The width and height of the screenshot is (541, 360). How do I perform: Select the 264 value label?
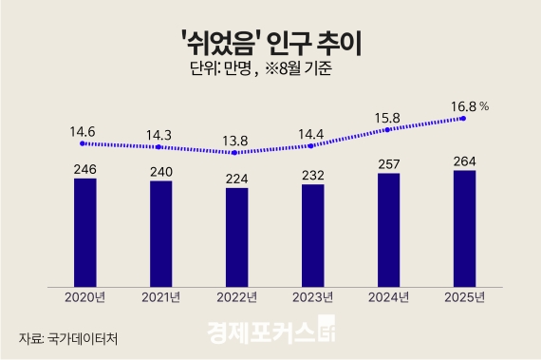464,160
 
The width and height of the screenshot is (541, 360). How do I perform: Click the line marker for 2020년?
84,143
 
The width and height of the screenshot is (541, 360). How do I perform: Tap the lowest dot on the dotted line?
235,152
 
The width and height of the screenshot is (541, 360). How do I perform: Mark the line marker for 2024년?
388,131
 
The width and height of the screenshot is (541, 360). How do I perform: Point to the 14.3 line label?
159,126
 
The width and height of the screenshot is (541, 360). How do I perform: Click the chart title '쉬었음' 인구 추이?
270,41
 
